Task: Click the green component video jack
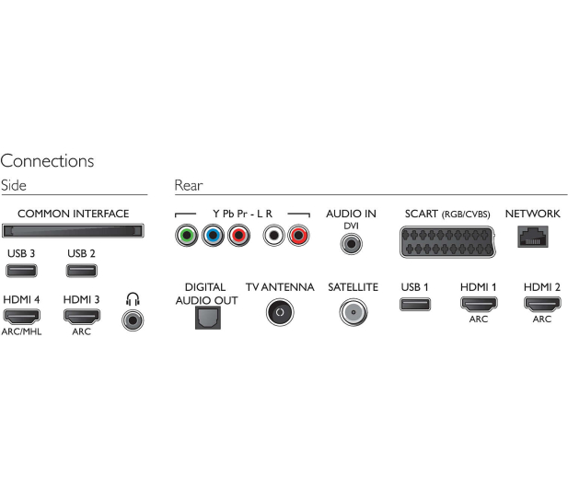coord(187,236)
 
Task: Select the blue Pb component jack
coord(213,236)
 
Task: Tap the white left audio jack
coord(273,236)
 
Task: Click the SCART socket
coord(447,242)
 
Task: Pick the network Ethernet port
coord(532,237)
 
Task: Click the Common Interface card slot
coord(73,231)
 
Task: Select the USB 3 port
coord(21,271)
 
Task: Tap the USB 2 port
coord(82,271)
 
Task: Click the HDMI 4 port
coord(21,317)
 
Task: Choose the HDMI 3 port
coord(82,317)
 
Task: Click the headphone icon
coord(133,299)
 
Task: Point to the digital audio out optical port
coord(208,318)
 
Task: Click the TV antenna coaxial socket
coord(280,312)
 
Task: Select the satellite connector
coord(354,312)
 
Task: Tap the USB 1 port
coord(415,305)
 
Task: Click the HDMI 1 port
coord(479,305)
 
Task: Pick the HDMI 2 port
coord(542,305)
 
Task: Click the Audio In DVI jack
coord(351,244)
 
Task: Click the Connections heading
coord(47,161)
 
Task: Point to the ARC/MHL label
coord(21,331)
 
